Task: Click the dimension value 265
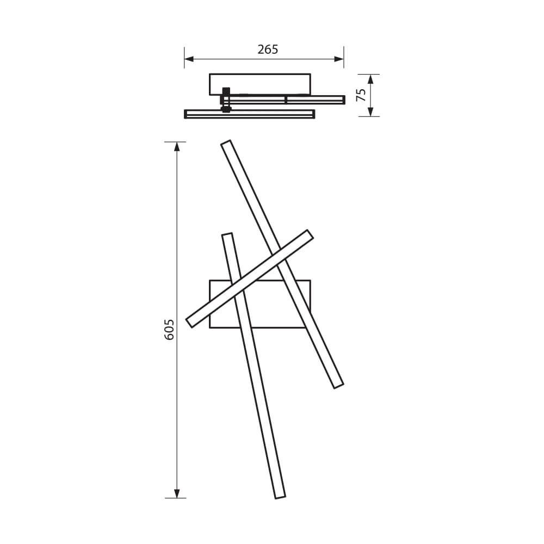268,50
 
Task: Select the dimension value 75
361,95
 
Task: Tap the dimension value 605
169,330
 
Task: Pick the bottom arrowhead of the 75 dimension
370,112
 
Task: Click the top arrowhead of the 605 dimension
176,146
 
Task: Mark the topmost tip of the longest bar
226,143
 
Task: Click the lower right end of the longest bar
338,385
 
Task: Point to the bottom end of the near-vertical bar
280,497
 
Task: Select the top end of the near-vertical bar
227,235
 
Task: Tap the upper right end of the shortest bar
310,234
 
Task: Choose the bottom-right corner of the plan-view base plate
310,327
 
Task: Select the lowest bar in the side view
250,114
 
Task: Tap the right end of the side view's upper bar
343,100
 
